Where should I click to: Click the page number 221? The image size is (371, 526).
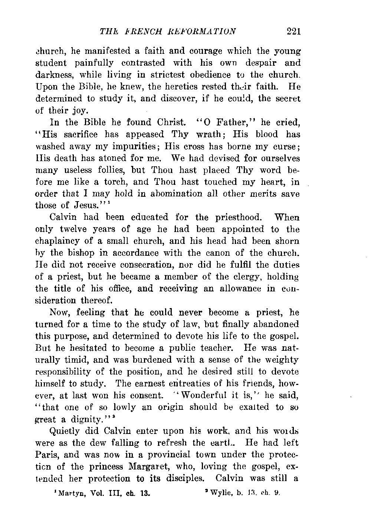tap(293, 31)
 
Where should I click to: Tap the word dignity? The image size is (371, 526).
tap(86, 420)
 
